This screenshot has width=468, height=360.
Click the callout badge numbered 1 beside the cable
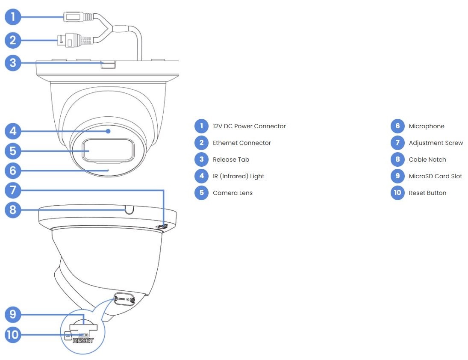[x=13, y=17]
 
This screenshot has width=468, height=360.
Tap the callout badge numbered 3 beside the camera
[x=13, y=63]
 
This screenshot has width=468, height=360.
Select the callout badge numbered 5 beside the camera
[x=13, y=150]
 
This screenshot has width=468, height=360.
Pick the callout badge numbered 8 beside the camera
[x=13, y=210]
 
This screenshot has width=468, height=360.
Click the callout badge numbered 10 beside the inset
[x=13, y=334]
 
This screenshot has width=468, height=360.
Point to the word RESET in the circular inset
[x=83, y=341]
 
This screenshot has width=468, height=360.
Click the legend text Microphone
[x=427, y=126]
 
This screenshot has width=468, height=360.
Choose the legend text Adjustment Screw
[x=436, y=143]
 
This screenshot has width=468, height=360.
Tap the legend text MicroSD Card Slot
[x=436, y=176]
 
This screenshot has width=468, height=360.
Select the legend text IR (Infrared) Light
[x=238, y=176]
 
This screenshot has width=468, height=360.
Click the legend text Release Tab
[x=231, y=159]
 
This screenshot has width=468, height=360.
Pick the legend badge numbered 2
[x=201, y=143]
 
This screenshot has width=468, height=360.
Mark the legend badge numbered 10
[x=397, y=193]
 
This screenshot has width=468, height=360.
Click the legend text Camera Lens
[x=233, y=193]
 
